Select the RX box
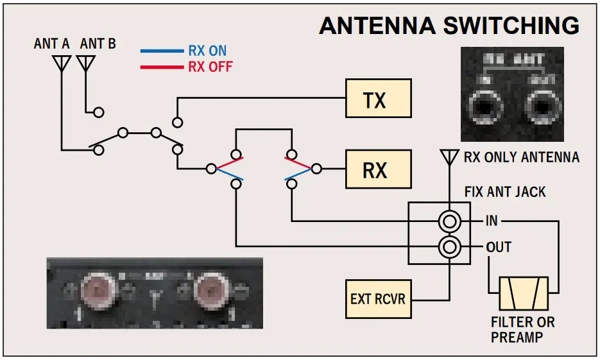click(378, 169)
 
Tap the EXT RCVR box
click(378, 299)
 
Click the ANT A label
click(52, 44)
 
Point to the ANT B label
click(98, 44)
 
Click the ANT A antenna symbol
click(62, 63)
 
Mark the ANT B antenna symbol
click(85, 63)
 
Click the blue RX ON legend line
click(162, 51)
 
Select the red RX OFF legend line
click(162, 65)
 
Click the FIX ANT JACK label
click(504, 191)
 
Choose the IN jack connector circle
click(449, 221)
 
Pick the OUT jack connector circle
click(449, 246)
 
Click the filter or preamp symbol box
click(523, 293)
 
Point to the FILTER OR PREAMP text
click(523, 329)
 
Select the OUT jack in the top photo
click(540, 105)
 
